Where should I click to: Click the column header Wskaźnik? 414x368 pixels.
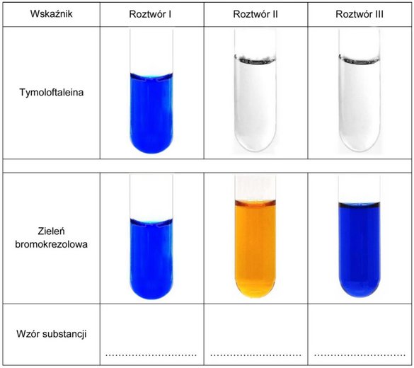(51, 13)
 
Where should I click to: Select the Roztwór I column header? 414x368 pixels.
(150, 14)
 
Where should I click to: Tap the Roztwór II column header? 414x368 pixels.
(255, 14)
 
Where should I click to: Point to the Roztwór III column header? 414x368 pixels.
(360, 14)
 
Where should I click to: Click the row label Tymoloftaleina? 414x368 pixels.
(52, 92)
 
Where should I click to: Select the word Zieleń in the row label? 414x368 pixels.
(51, 231)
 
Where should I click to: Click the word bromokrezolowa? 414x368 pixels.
(51, 244)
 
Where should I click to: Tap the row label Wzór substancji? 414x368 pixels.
(52, 334)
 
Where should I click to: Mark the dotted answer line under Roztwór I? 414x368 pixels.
(151, 355)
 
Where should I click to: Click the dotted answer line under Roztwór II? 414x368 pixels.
(255, 355)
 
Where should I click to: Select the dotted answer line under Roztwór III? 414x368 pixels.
(360, 355)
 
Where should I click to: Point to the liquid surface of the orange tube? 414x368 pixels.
(255, 202)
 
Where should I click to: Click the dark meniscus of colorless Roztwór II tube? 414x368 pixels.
(255, 60)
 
